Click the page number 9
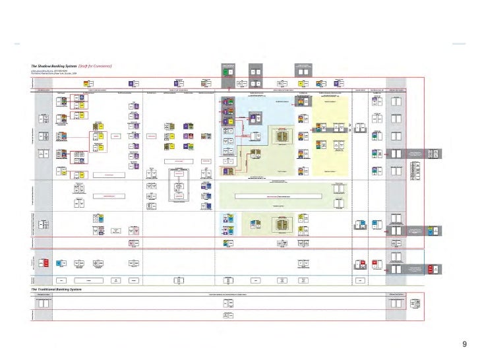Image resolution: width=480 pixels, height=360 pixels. (x=465, y=344)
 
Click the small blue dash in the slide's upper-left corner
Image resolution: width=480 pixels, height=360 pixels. (x=17, y=45)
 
